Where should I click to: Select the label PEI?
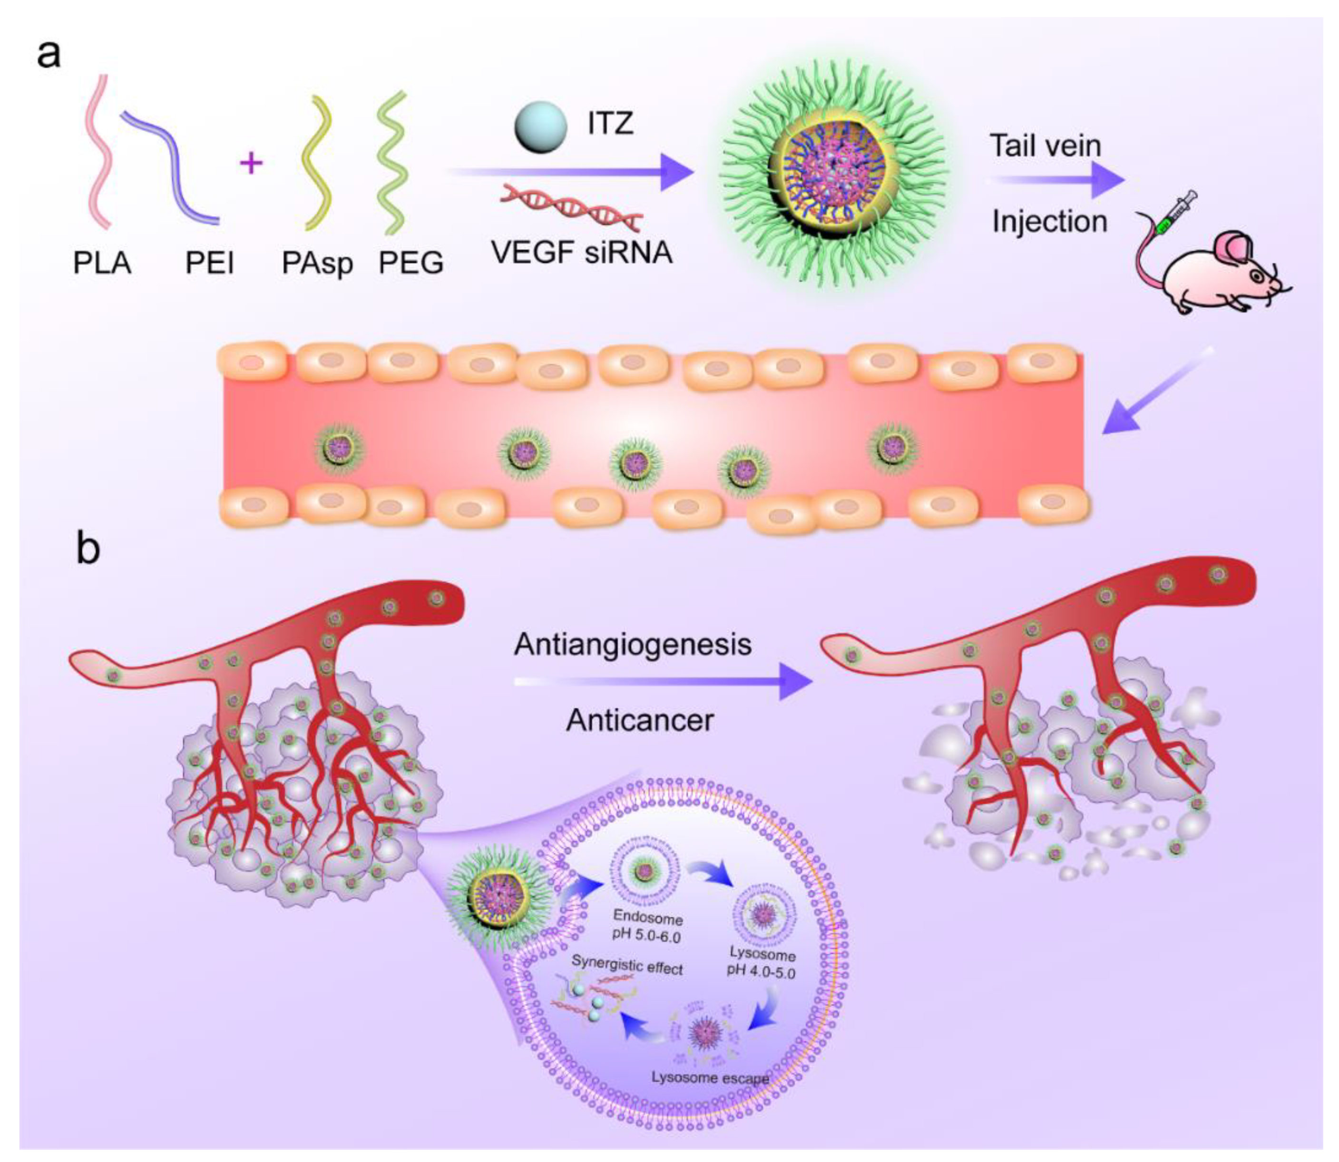pos(209,263)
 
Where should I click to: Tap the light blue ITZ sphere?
pos(538,128)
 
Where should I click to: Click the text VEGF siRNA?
pos(581,252)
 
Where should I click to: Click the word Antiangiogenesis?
pos(633,644)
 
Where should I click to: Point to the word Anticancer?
pos(640,720)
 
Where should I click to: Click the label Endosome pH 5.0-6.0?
pos(647,927)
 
